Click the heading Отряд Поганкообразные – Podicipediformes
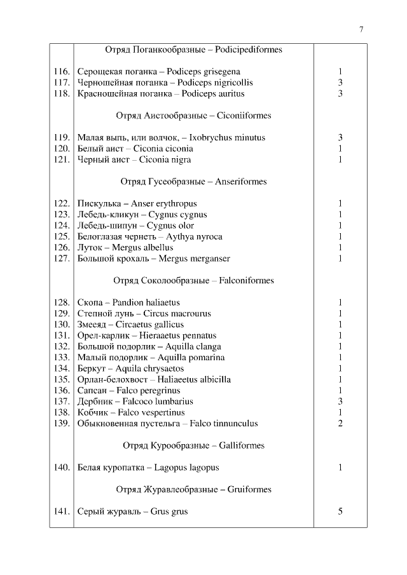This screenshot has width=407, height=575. tap(193, 50)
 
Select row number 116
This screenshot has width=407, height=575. tap(61, 72)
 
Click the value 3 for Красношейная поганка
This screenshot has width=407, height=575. tap(340, 93)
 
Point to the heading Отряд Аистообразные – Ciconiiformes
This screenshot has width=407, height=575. tap(193, 116)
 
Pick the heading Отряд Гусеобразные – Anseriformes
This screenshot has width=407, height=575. tap(193, 182)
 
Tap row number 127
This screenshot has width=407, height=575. tap(61, 259)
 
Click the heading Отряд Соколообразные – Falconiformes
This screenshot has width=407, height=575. tap(193, 280)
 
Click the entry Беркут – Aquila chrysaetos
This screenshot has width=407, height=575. tap(130, 369)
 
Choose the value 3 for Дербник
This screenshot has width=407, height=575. tap(340, 402)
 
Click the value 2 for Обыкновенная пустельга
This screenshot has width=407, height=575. tap(340, 424)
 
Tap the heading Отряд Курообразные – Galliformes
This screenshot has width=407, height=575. tap(193, 445)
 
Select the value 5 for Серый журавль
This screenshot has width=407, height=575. tap(340, 511)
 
